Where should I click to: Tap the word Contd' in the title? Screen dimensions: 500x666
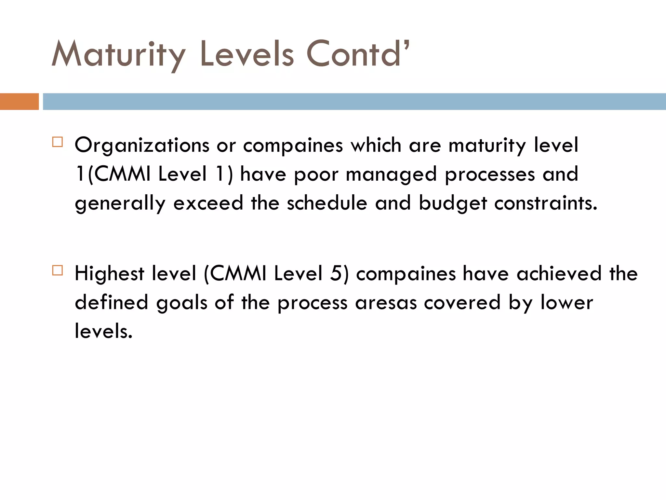(357, 54)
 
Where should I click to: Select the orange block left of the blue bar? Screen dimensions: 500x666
(19, 102)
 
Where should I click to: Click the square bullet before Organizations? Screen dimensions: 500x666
(57, 142)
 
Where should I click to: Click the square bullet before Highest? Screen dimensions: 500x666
(57, 271)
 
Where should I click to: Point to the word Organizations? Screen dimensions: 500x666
(142, 145)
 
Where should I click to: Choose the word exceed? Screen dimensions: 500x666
(208, 203)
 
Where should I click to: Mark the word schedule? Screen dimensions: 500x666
(327, 203)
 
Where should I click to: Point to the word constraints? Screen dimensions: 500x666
(546, 203)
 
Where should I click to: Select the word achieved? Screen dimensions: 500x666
(559, 273)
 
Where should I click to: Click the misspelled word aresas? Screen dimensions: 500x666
(386, 303)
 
